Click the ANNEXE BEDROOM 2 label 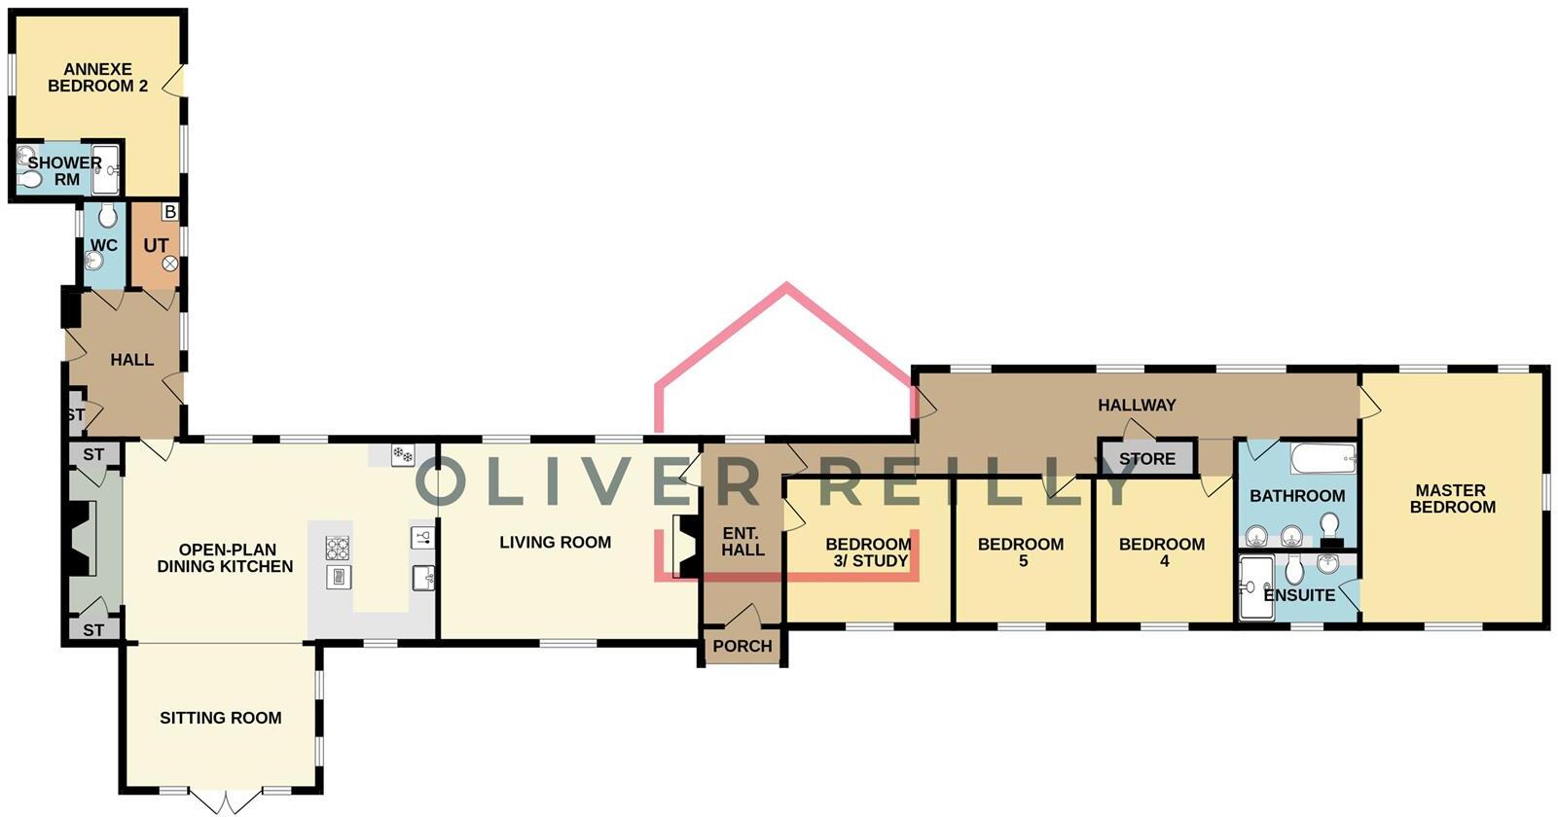coord(97,78)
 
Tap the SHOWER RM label coord(64,170)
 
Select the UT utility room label coord(156,245)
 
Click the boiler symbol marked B coord(170,211)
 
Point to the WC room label coord(104,245)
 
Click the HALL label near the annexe coord(131,360)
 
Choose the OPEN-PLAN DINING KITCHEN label coord(225,557)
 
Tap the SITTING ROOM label coord(221,718)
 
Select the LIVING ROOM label coord(555,542)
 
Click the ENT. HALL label coord(743,542)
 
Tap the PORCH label coord(743,646)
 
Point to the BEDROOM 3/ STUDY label coord(868,552)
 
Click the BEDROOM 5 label coord(1021,552)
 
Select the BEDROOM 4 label coord(1162,552)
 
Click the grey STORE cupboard coord(1146,458)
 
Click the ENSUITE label coord(1300,594)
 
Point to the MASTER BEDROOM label coord(1452,499)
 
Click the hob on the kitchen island coord(338,548)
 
